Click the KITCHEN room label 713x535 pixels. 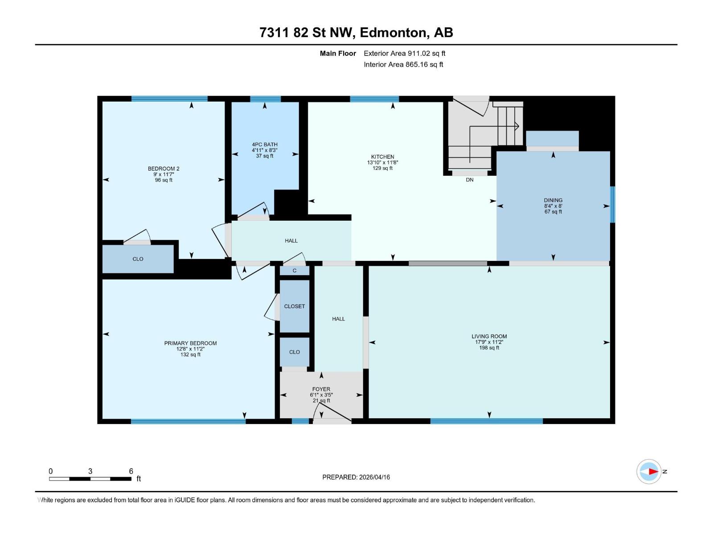[x=382, y=157]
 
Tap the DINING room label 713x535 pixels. [x=553, y=200]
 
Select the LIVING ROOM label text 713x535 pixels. [x=489, y=337]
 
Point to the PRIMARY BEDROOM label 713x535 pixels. [x=190, y=343]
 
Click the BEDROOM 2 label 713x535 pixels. [x=164, y=169]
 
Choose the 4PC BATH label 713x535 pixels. [x=265, y=144]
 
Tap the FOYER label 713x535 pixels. [x=321, y=389]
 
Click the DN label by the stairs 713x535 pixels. [x=470, y=180]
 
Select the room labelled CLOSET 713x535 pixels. [x=295, y=306]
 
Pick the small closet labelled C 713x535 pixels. [x=295, y=271]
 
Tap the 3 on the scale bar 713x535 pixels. [x=90, y=471]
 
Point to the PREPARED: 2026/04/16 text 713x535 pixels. [x=356, y=477]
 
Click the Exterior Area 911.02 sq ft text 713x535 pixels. [x=404, y=53]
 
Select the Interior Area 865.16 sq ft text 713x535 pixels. [x=403, y=65]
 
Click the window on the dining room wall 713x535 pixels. [x=612, y=204]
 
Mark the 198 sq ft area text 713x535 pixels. [x=489, y=348]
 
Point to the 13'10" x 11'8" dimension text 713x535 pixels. [x=382, y=163]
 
